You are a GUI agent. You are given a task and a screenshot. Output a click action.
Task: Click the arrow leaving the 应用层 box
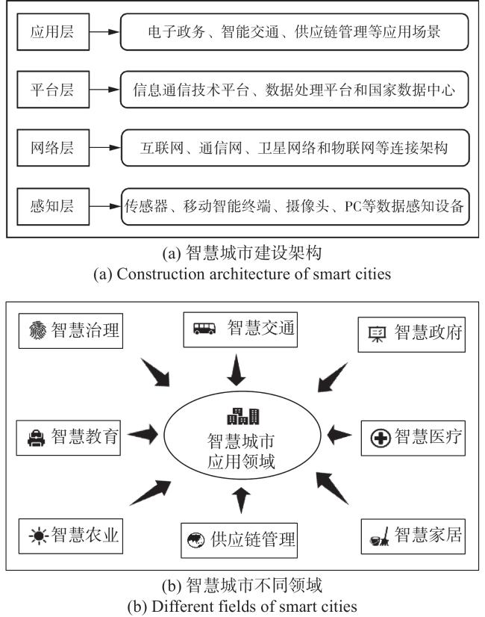104,32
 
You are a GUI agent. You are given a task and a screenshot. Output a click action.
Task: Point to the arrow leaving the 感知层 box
105,206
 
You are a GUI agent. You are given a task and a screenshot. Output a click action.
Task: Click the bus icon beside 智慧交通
204,329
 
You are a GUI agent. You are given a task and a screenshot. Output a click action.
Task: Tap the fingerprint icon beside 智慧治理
38,329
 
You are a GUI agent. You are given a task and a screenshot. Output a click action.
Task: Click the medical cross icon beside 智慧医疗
380,438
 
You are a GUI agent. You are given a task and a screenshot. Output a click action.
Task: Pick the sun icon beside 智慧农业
39,536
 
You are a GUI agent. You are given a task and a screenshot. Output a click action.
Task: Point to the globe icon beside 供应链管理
195,540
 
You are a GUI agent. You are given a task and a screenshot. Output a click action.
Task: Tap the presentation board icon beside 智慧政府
378,335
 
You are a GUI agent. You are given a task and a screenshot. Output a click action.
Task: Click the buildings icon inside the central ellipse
243,416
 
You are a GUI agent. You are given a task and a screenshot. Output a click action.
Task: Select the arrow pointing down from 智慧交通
237,370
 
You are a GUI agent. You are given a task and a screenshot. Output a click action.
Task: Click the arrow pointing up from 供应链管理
241,500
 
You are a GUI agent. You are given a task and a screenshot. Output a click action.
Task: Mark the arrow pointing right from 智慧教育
143,435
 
